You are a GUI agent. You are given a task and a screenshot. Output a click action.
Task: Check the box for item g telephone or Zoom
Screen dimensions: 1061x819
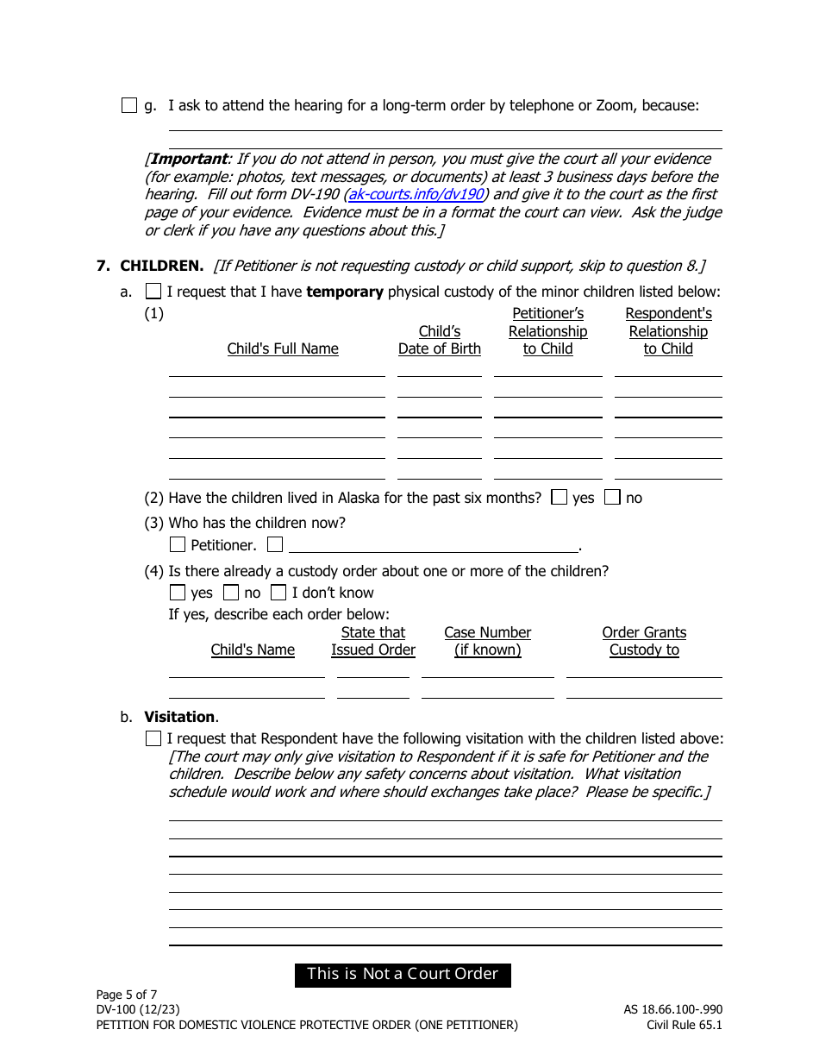click(129, 106)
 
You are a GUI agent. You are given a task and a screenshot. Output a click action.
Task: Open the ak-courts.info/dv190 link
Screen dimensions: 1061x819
click(416, 195)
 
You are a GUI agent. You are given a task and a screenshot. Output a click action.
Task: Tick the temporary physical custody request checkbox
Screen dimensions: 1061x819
click(153, 292)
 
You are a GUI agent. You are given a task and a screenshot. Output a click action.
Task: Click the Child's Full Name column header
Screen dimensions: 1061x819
click(283, 348)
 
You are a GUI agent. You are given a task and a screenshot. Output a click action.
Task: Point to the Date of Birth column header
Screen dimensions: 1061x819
click(440, 341)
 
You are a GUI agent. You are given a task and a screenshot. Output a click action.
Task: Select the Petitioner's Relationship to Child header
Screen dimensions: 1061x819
click(547, 331)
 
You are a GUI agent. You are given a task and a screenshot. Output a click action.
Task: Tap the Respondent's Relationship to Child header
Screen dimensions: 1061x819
click(668, 331)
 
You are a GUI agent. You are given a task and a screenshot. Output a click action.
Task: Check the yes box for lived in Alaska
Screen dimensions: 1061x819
click(560, 498)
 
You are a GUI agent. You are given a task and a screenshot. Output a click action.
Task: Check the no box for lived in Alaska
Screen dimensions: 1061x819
click(612, 498)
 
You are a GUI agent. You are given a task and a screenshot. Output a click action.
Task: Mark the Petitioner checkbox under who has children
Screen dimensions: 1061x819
click(178, 544)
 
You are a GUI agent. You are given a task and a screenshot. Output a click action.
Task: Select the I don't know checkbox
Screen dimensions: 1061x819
click(278, 593)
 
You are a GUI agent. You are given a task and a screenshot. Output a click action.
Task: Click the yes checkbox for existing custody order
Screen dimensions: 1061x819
click(178, 593)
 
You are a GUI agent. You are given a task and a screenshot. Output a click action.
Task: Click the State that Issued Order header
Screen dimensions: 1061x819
click(373, 641)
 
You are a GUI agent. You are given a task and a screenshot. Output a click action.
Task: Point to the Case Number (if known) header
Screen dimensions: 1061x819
click(488, 641)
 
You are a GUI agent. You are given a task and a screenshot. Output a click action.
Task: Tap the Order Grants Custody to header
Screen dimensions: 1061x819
click(644, 641)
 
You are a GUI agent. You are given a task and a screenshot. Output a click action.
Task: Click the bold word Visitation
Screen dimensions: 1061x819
click(179, 717)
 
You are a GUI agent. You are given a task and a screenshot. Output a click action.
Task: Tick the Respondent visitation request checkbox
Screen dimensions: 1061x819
click(153, 738)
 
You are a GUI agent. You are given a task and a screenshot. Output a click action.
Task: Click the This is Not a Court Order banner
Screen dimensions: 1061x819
click(403, 975)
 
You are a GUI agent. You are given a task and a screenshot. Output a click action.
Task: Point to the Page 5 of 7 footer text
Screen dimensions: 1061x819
click(127, 995)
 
